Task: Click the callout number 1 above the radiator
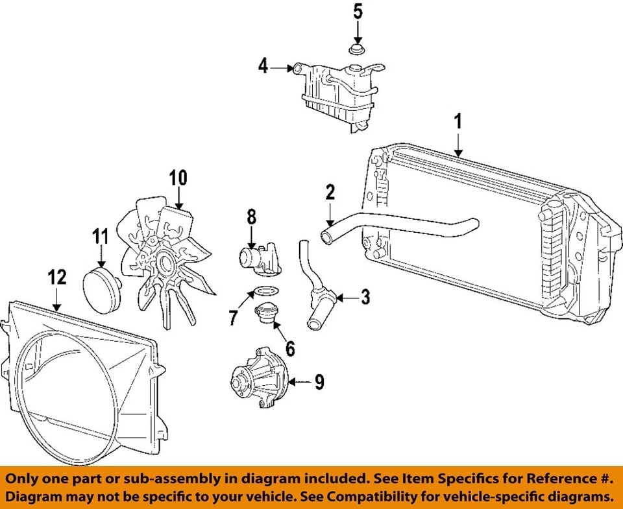point(459,121)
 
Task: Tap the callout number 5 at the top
point(358,11)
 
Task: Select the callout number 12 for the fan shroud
point(58,278)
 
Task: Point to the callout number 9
point(319,383)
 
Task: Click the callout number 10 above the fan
point(178,177)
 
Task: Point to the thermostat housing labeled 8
point(259,259)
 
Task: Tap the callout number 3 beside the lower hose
point(365,298)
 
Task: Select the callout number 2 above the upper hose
point(330,192)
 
